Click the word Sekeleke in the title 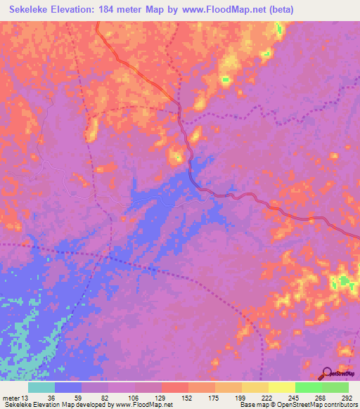click(32, 10)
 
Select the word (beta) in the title click(278, 10)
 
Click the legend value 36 click(51, 398)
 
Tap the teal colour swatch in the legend click(41, 387)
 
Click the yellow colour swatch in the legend click(281, 387)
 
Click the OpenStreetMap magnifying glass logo click(326, 373)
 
